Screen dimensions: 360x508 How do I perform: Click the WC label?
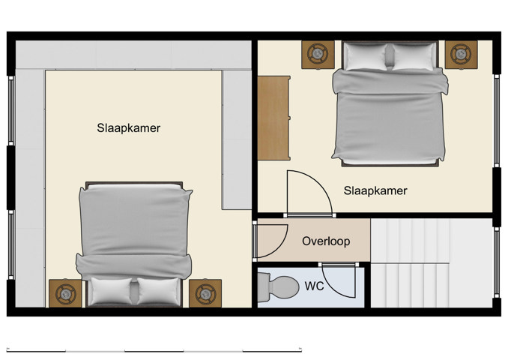click(x=314, y=286)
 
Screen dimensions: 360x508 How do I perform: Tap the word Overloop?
click(x=326, y=241)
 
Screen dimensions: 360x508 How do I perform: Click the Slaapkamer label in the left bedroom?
click(x=128, y=128)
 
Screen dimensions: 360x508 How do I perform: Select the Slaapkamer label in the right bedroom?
click(x=375, y=190)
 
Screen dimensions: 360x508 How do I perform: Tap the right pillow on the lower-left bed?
click(x=160, y=291)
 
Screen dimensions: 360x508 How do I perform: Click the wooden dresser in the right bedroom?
click(x=273, y=118)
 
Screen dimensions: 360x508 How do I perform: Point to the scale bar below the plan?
click(x=155, y=349)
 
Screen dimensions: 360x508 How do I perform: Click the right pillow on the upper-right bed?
click(x=413, y=57)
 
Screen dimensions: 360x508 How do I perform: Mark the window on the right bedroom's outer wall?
click(x=496, y=120)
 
